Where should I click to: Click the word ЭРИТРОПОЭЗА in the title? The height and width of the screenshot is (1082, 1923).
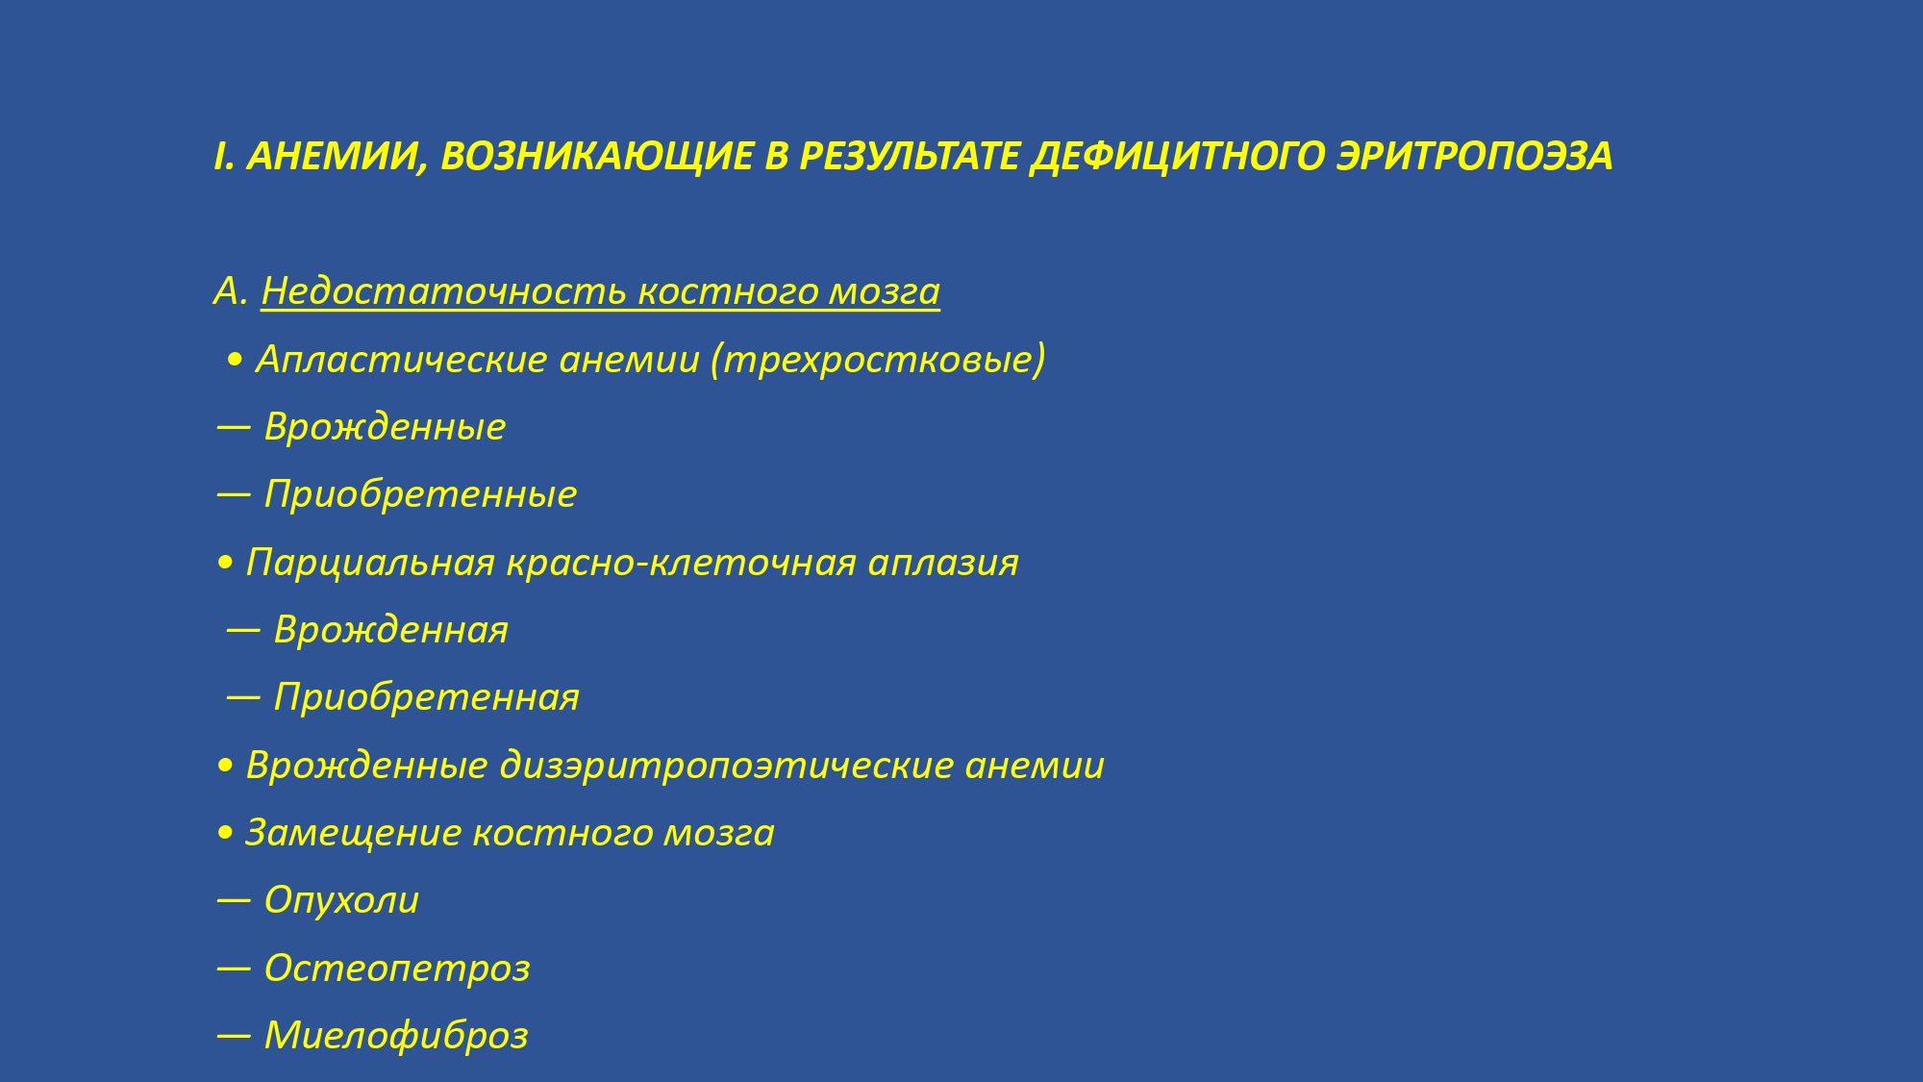click(x=1475, y=157)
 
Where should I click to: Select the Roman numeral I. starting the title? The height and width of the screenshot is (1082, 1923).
click(x=224, y=157)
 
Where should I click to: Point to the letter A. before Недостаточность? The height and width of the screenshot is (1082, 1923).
click(x=232, y=291)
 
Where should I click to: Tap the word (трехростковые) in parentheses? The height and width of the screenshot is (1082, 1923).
click(x=878, y=360)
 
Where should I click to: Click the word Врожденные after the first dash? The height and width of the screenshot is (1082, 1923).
click(x=385, y=427)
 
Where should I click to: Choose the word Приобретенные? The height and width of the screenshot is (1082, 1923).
click(x=420, y=494)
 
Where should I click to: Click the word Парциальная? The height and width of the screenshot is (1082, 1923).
click(x=370, y=563)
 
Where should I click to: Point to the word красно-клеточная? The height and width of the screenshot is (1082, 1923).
click(x=681, y=563)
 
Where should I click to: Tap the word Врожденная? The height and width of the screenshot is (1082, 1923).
click(x=391, y=630)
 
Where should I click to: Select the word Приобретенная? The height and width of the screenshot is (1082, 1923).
click(x=427, y=697)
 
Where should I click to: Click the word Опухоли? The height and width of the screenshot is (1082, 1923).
click(x=341, y=900)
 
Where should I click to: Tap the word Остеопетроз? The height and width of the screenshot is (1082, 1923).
click(x=397, y=968)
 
